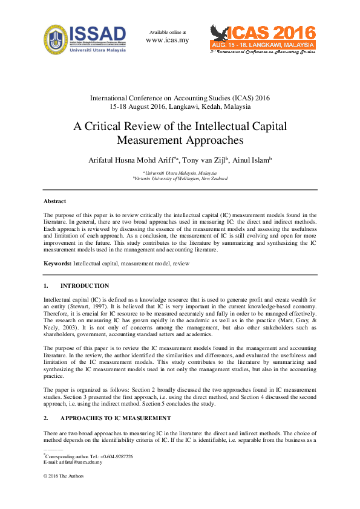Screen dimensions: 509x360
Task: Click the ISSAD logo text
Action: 98,33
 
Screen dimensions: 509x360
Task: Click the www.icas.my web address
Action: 168,41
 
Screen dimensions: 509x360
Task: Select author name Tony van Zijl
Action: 207,160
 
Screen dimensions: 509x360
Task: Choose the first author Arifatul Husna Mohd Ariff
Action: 132,160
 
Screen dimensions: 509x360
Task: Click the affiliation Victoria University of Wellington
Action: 180,179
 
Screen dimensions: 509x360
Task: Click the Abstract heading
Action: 54,201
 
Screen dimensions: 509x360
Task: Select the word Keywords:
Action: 57,264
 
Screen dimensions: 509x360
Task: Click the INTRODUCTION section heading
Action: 85,286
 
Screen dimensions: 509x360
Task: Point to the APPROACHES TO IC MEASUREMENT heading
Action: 116,418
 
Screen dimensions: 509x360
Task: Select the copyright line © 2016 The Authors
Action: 64,476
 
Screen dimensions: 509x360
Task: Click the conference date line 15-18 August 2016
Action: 180,106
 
